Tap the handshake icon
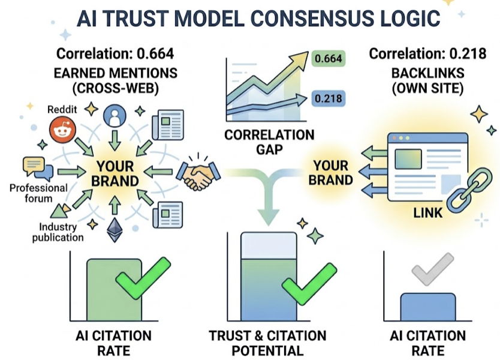(x=197, y=173)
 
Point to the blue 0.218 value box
(x=328, y=96)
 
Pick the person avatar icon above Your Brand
(x=114, y=116)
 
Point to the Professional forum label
(x=38, y=193)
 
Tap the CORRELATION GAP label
(x=269, y=142)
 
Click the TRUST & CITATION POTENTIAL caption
(x=267, y=343)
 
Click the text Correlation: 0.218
(x=427, y=54)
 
